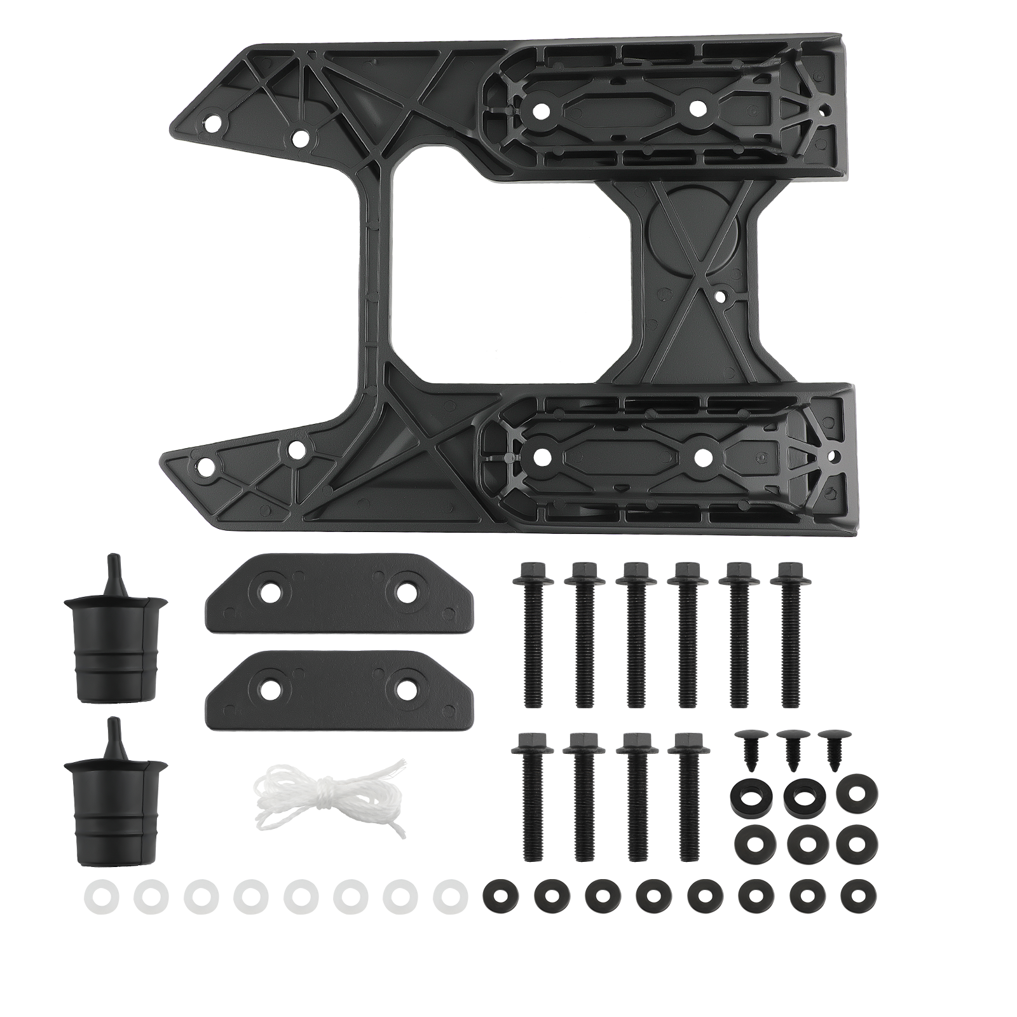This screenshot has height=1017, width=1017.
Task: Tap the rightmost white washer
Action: click(x=450, y=896)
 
